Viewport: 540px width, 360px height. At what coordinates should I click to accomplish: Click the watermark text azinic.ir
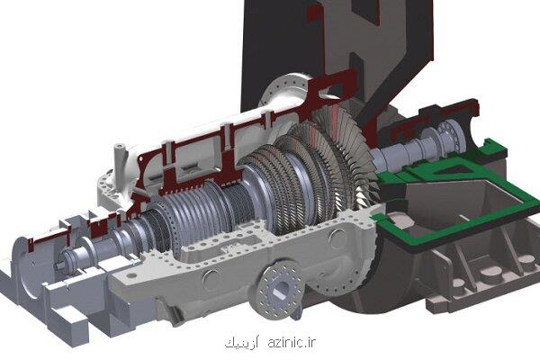point(292,342)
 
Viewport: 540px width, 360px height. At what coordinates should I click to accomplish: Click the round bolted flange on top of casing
point(285,90)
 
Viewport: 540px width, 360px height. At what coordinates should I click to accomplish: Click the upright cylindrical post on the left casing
point(119,162)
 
